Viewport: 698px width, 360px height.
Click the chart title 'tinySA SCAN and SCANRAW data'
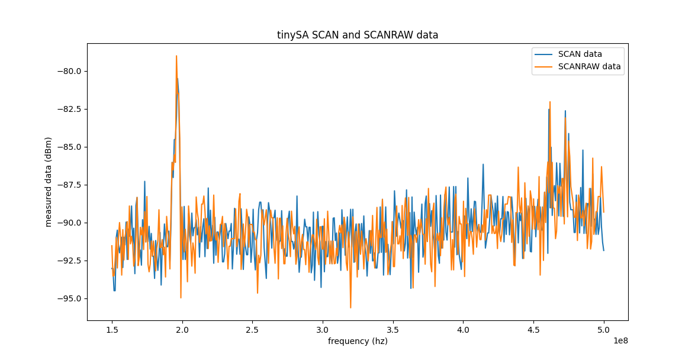358,35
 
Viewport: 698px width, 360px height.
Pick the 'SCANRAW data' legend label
589,67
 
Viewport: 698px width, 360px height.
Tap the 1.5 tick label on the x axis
112,329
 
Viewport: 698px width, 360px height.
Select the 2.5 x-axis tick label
252,329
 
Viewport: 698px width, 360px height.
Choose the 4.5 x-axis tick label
533,329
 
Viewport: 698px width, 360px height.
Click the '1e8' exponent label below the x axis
620,340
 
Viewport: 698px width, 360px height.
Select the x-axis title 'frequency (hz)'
358,341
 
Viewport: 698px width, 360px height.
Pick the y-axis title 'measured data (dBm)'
49,182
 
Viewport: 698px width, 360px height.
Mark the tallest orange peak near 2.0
176,56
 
